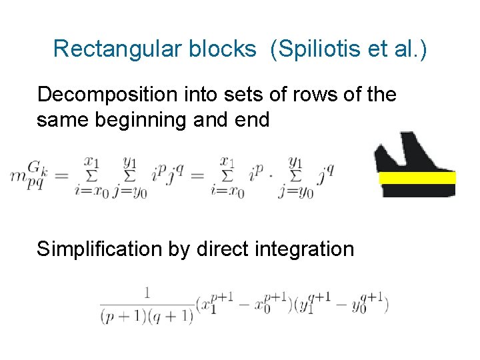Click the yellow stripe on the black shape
pyautogui.click(x=417, y=177)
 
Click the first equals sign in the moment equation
pyautogui.click(x=61, y=177)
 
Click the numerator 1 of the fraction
pyautogui.click(x=145, y=291)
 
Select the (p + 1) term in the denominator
pyautogui.click(x=123, y=316)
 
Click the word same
pyautogui.click(x=62, y=120)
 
